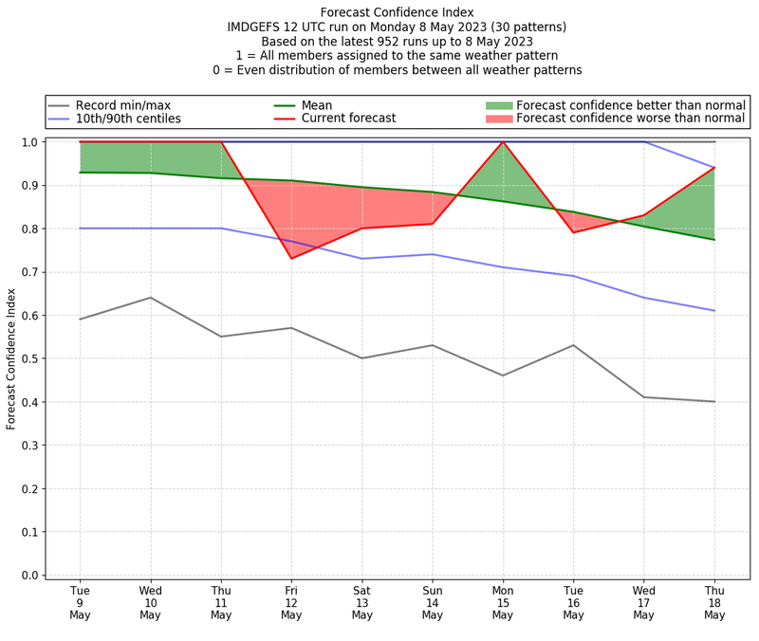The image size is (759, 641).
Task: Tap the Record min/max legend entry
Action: click(123, 105)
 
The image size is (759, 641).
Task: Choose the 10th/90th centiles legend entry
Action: click(128, 119)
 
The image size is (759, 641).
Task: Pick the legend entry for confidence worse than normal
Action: click(630, 119)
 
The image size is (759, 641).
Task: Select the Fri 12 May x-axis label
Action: click(291, 602)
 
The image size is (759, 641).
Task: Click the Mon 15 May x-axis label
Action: click(503, 602)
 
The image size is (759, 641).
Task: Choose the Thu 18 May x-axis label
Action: click(714, 602)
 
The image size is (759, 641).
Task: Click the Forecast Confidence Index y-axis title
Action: click(11, 358)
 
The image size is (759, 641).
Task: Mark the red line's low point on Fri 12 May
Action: click(291, 259)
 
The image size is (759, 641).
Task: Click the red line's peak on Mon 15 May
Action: click(503, 142)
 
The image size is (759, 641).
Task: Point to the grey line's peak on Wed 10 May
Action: click(150, 298)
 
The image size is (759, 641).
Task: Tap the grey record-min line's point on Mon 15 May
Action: click(503, 375)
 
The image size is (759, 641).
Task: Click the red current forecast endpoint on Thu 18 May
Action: click(714, 168)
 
